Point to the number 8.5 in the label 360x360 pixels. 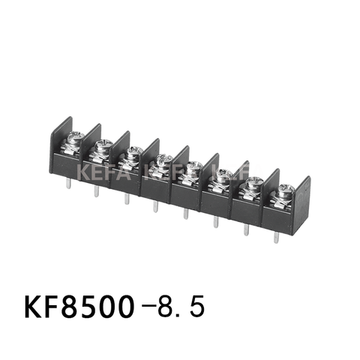177,307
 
